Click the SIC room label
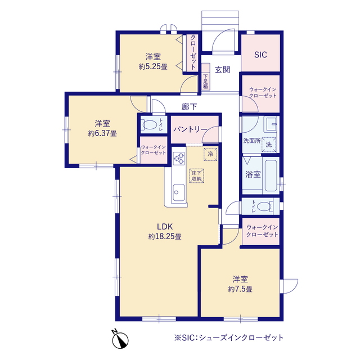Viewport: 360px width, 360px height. [260, 55]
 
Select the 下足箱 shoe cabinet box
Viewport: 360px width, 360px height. [206, 82]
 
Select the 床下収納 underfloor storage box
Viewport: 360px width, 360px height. [197, 175]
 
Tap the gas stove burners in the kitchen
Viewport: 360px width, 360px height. [179, 159]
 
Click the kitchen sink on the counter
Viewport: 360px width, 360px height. [179, 191]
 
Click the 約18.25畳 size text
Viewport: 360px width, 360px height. [164, 237]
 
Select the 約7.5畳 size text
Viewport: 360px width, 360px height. [240, 289]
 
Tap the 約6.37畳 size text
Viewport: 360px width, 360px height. [102, 133]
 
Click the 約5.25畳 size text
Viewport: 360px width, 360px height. [153, 66]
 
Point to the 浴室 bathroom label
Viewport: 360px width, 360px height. [253, 174]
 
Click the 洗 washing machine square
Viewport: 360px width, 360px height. [269, 145]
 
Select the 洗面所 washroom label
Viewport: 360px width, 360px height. [251, 141]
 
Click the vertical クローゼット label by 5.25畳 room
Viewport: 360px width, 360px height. [193, 52]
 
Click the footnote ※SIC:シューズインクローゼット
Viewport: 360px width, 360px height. [229, 338]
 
